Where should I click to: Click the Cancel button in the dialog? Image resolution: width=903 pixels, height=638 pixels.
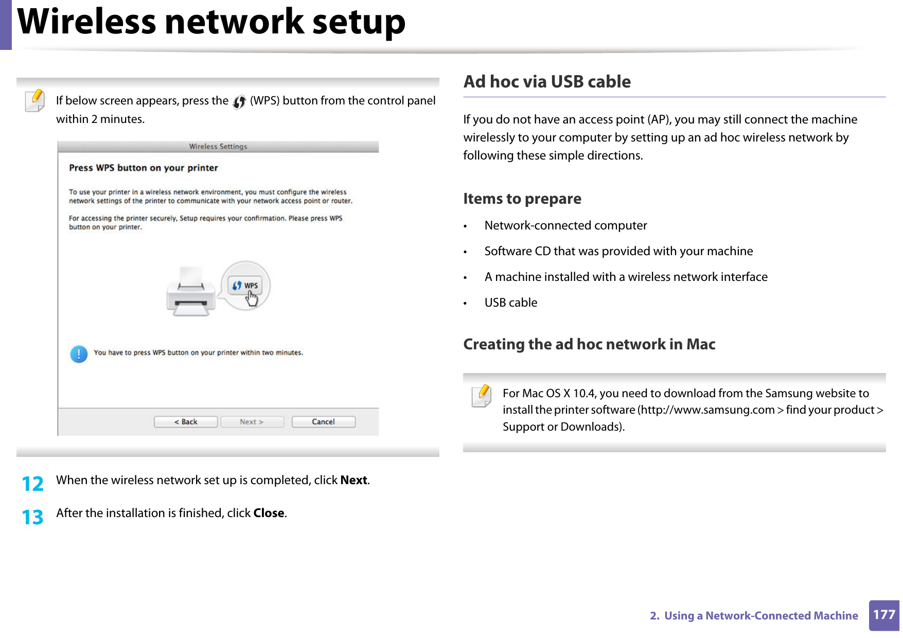(323, 421)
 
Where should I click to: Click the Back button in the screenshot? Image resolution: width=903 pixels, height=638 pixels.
(186, 421)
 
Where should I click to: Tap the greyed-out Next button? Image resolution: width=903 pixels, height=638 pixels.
(252, 421)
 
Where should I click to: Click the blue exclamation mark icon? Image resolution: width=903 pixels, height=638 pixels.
(79, 354)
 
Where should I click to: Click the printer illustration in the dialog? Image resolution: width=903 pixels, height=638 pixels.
(191, 292)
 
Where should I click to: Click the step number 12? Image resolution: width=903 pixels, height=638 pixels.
(32, 484)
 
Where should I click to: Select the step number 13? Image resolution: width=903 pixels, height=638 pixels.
(32, 517)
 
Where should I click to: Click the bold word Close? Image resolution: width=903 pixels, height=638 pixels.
(269, 513)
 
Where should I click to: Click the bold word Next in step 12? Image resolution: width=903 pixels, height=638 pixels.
(353, 480)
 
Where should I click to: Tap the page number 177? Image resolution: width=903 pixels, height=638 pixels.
(884, 615)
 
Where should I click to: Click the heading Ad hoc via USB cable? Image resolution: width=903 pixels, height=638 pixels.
(546, 82)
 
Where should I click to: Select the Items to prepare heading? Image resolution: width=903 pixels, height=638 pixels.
(522, 199)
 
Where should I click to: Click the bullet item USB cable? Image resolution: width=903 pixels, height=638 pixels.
(510, 303)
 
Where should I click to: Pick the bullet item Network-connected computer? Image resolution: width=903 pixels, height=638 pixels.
(565, 225)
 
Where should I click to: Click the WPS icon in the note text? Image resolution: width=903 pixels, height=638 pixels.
(239, 102)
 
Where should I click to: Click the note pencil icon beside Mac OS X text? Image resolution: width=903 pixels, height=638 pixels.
(482, 396)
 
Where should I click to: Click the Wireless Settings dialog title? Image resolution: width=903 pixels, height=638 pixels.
(218, 147)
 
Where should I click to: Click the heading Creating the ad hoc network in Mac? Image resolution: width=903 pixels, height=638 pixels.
(589, 344)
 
